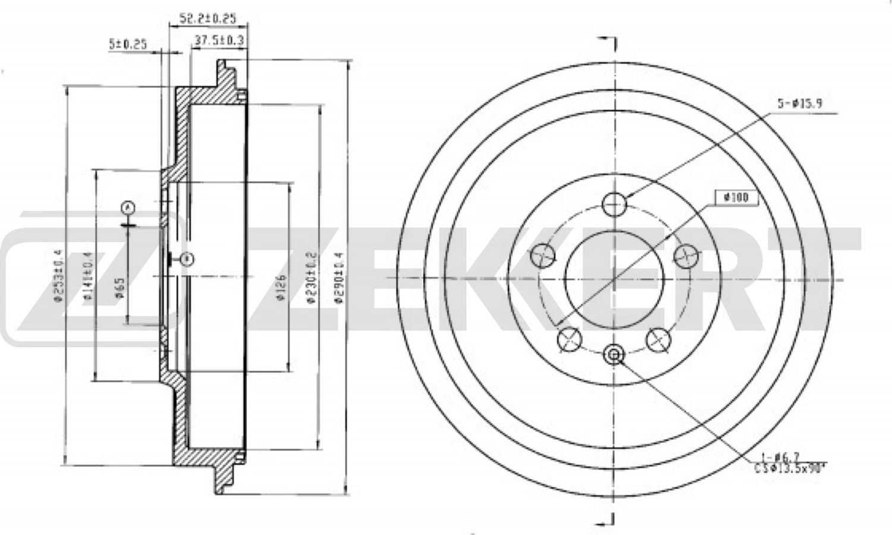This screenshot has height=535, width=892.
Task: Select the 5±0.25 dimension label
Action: (127, 43)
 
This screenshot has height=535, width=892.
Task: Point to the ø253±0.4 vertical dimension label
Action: (58, 276)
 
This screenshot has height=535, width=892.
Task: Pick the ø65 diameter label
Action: (118, 287)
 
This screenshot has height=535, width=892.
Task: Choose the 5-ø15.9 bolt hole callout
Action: (800, 103)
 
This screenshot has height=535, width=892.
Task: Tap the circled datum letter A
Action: (127, 207)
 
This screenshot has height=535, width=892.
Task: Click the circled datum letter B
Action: (187, 259)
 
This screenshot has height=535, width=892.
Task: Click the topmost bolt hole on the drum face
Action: (614, 204)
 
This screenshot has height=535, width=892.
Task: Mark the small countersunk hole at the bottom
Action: (614, 355)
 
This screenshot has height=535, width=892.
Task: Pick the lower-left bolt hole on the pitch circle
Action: (569, 339)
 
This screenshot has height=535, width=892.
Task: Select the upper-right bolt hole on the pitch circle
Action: (685, 256)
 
